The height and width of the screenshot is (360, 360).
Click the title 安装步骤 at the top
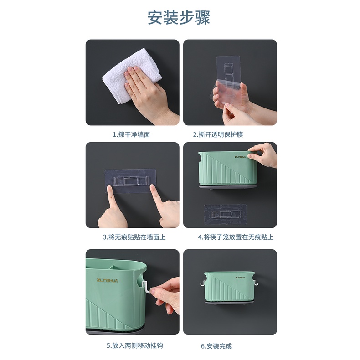pyautogui.click(x=179, y=17)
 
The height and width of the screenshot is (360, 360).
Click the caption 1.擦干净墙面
pyautogui.click(x=131, y=134)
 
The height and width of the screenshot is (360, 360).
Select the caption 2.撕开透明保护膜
pyautogui.click(x=218, y=134)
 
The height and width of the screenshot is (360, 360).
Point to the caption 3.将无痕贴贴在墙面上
pyautogui.click(x=134, y=237)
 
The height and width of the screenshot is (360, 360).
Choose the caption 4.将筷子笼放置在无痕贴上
pyautogui.click(x=236, y=237)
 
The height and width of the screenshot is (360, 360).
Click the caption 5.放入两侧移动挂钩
pyautogui.click(x=135, y=346)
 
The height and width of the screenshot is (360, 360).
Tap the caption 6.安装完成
pyautogui.click(x=216, y=346)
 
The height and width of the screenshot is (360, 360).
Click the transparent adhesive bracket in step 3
pyautogui.click(x=130, y=181)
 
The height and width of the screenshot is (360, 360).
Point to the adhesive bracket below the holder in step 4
pyautogui.click(x=226, y=215)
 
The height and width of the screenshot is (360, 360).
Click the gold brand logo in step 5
pyautogui.click(x=107, y=280)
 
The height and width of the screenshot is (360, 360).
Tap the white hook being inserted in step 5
pyautogui.click(x=146, y=287)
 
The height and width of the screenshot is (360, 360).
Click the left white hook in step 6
pyautogui.click(x=203, y=282)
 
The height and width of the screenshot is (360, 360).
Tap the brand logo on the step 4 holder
pyautogui.click(x=240, y=157)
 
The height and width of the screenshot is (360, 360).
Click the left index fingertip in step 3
pyautogui.click(x=109, y=189)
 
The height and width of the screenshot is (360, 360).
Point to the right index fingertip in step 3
pyautogui.click(x=153, y=188)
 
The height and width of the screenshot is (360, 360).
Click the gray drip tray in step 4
pyautogui.click(x=228, y=187)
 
